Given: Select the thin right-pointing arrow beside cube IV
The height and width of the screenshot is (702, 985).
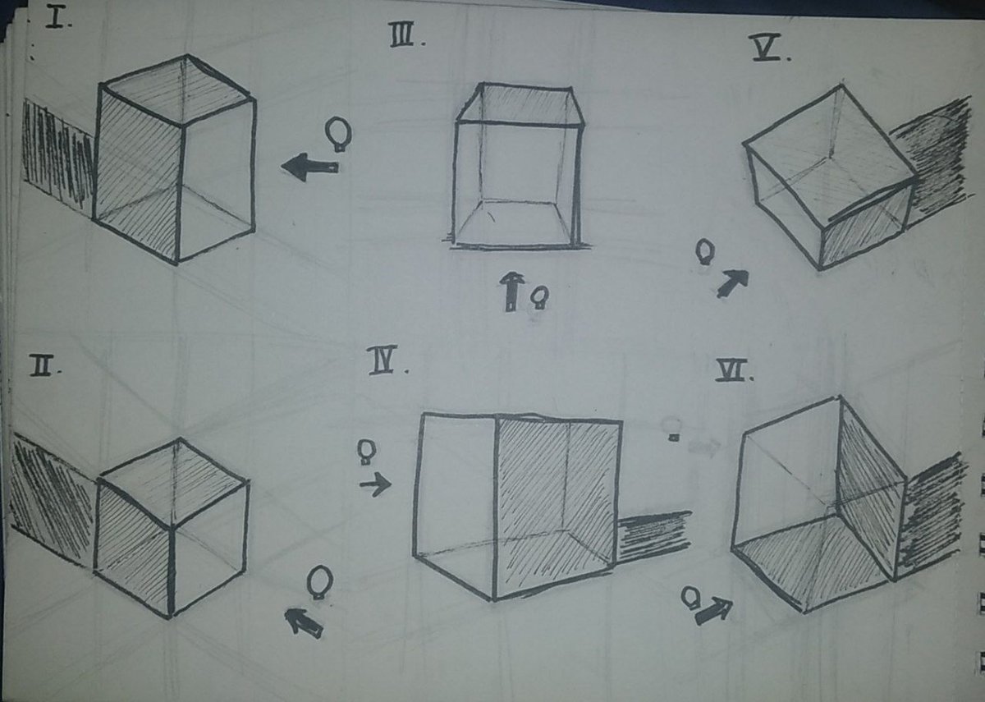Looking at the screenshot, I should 375,485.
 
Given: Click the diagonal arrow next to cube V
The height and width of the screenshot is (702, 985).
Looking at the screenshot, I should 732,283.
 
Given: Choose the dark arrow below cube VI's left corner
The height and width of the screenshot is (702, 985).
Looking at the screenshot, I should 712,610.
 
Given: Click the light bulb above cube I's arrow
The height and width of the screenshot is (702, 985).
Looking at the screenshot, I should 337,132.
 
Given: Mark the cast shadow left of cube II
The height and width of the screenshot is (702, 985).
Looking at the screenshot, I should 51,501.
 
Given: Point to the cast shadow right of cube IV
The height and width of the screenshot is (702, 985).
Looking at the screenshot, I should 653,536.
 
